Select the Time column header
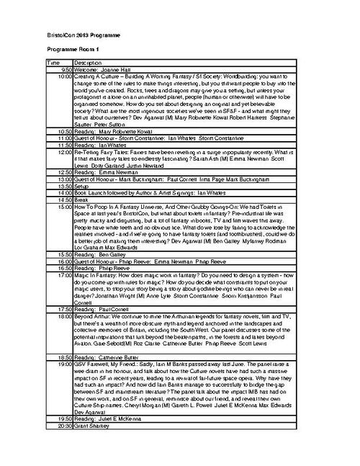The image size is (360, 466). pyautogui.click(x=54, y=63)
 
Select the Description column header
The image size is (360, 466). pyautogui.click(x=89, y=63)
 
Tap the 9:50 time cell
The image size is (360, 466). pyautogui.click(x=60, y=69)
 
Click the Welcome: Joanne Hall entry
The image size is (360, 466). pyautogui.click(x=106, y=69)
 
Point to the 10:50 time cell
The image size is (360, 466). pyautogui.click(x=60, y=132)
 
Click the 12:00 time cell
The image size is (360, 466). pyautogui.click(x=60, y=152)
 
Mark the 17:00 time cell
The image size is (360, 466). pyautogui.click(x=60, y=274)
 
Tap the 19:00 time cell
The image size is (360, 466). pyautogui.click(x=60, y=364)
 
